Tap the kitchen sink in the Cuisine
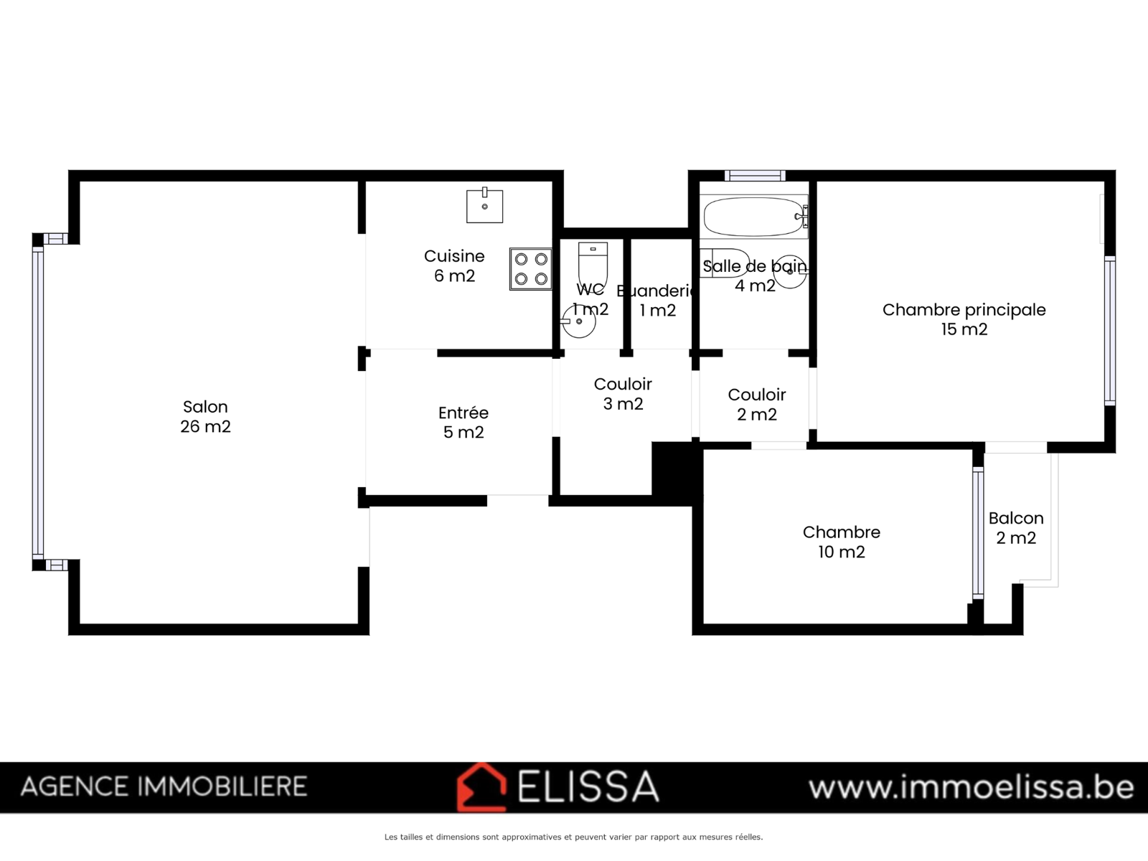(x=484, y=206)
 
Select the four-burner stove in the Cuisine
(x=531, y=268)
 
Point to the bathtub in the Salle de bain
(x=754, y=217)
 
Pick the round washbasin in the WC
(x=578, y=321)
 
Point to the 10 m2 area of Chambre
(x=842, y=552)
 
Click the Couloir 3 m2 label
(x=623, y=394)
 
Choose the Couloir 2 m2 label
(x=757, y=404)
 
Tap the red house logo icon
(x=481, y=787)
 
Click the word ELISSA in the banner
(x=588, y=786)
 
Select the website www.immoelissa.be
(x=971, y=787)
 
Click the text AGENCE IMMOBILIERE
(x=164, y=786)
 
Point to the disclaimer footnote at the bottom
(x=574, y=837)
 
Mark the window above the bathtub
(x=755, y=176)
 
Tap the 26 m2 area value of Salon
(x=205, y=426)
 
